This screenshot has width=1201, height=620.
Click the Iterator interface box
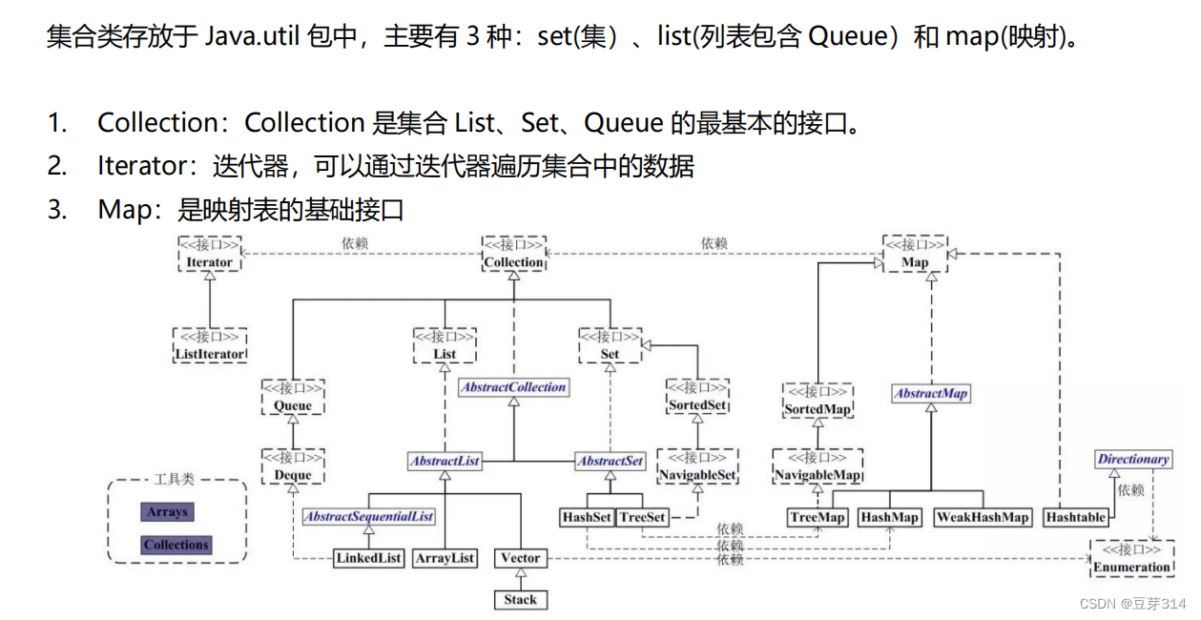point(210,254)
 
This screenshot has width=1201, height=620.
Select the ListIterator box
point(210,345)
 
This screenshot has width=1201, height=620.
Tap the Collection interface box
point(514,254)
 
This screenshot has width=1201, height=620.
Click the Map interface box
point(914,254)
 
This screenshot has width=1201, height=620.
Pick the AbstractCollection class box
point(514,387)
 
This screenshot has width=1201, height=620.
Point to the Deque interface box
point(293,466)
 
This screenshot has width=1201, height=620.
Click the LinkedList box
point(369,558)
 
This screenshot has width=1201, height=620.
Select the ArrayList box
point(445,558)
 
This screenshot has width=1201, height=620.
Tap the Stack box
point(520,600)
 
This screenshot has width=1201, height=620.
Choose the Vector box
point(520,558)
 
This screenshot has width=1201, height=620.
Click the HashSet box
point(586,517)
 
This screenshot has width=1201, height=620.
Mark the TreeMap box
point(818,517)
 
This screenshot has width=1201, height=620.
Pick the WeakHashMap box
point(983,517)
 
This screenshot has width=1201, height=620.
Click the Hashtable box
point(1075,517)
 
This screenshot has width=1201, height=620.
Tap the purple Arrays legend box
point(167,512)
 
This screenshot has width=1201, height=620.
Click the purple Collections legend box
point(176,546)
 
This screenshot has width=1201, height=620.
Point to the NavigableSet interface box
point(697,466)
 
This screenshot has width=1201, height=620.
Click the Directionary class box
point(1132,459)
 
